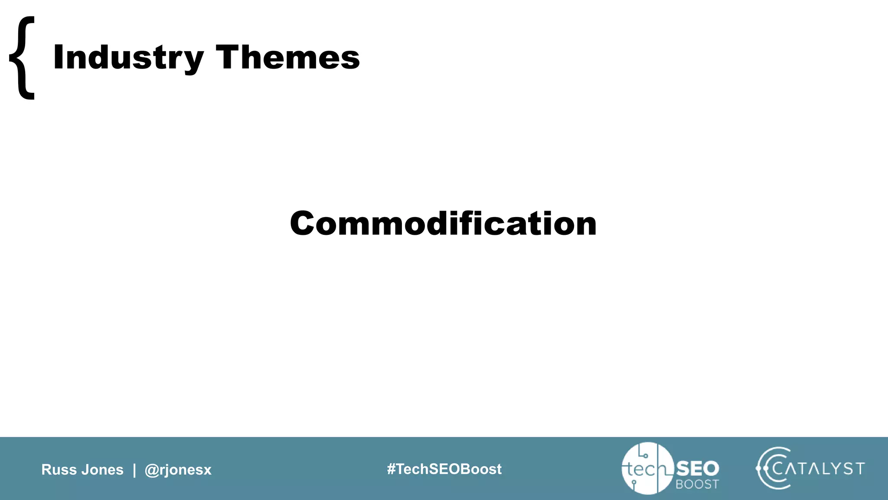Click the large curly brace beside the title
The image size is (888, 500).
[x=22, y=58]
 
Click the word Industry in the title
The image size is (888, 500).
[x=128, y=58]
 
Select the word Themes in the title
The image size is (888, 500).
[x=287, y=58]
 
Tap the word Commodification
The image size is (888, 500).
[x=443, y=224]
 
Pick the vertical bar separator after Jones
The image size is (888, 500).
[x=134, y=470]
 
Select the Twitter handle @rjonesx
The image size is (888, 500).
[x=178, y=470]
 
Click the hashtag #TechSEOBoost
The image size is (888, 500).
[x=444, y=469]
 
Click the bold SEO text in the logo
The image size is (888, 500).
[x=698, y=469]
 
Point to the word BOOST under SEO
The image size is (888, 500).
[x=697, y=484]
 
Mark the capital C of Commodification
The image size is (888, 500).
[x=304, y=224]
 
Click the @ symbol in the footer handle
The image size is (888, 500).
[x=152, y=470]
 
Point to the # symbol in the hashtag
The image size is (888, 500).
[x=391, y=469]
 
